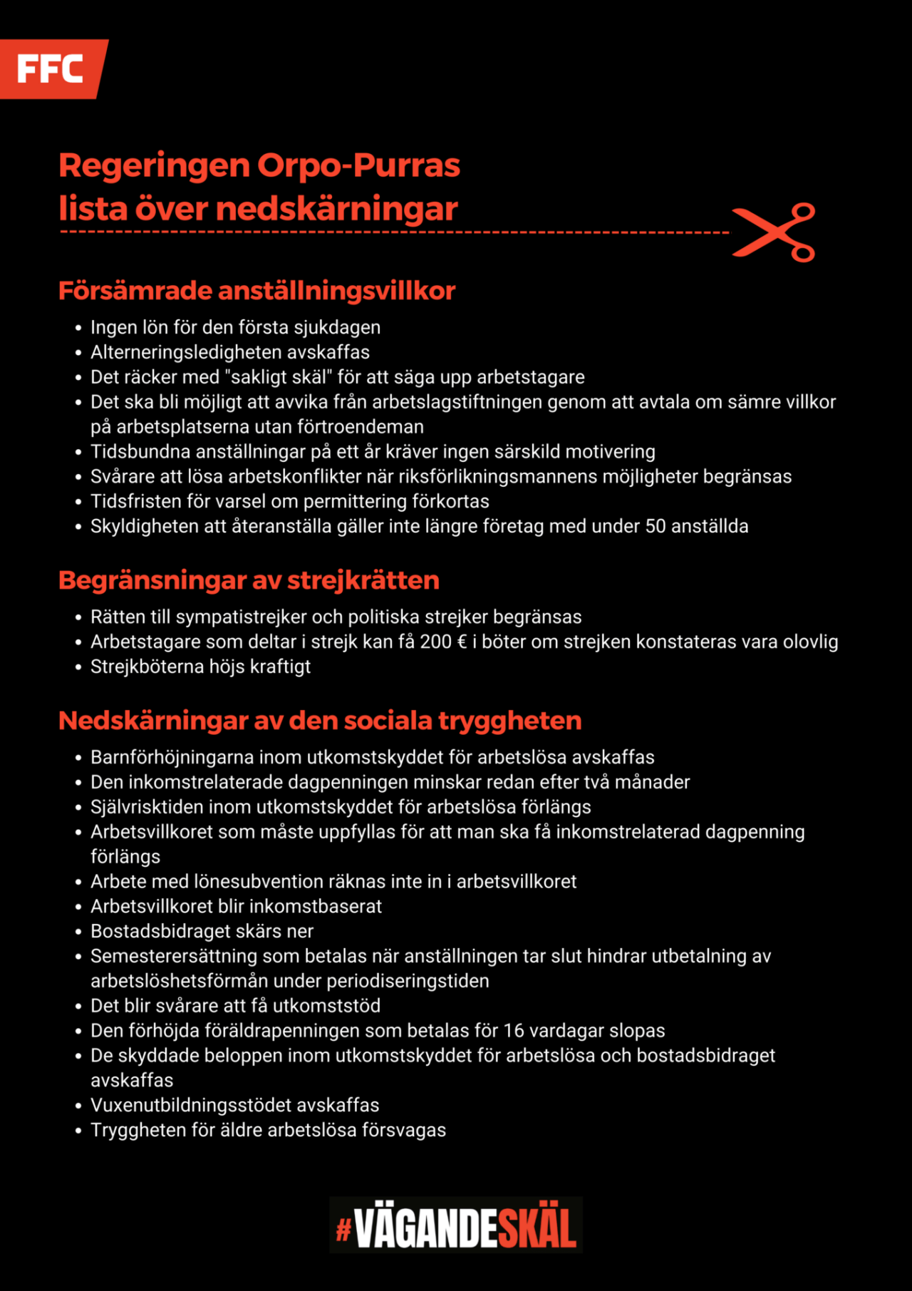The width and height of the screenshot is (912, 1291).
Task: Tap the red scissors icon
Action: (x=774, y=232)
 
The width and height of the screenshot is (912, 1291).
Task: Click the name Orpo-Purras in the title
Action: (x=358, y=165)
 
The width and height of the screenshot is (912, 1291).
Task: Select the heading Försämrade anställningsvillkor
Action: (x=256, y=291)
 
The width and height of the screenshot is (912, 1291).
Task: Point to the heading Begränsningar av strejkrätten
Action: (x=249, y=580)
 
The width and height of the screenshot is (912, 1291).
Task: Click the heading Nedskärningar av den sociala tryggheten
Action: (x=320, y=721)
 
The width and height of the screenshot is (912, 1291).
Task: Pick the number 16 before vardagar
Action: (x=514, y=1031)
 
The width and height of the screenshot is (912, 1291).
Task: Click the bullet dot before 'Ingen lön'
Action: (x=78, y=328)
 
